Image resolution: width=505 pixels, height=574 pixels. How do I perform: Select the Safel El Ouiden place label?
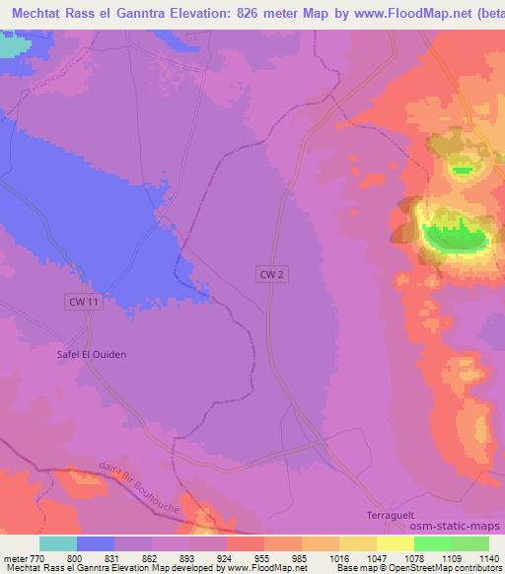[x=91, y=353]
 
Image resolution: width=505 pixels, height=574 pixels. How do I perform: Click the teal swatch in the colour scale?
[x=58, y=543]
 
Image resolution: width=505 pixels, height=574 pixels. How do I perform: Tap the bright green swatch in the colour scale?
[x=432, y=543]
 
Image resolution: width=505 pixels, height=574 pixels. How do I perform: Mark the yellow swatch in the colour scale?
[x=395, y=543]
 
